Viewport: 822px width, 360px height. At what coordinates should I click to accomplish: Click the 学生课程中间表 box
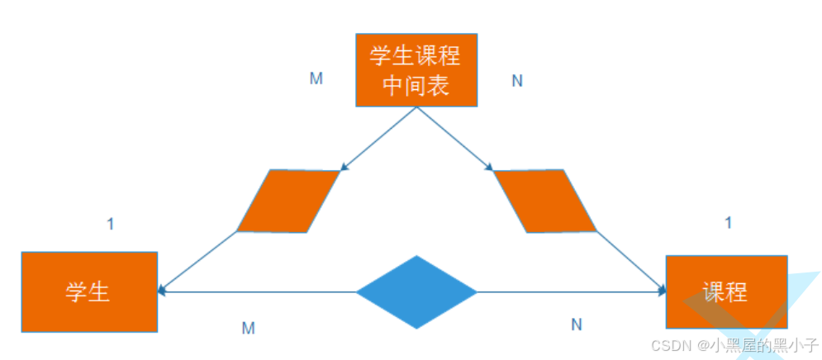[x=416, y=70]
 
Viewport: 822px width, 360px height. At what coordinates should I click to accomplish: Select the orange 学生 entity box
[x=89, y=291]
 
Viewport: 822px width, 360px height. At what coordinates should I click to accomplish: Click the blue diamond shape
[x=416, y=291]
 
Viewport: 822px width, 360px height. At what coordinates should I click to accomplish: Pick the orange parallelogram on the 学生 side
[x=287, y=201]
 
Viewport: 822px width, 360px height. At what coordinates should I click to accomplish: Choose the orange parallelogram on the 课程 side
[x=544, y=201]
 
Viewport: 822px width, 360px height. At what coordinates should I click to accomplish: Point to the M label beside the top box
[x=316, y=78]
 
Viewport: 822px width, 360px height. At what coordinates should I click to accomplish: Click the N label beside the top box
[x=517, y=82]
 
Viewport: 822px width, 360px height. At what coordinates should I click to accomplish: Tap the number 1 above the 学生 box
[x=111, y=223]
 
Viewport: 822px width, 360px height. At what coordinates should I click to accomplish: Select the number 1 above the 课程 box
[x=728, y=222]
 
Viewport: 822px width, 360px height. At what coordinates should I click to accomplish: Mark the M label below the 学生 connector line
[x=248, y=328]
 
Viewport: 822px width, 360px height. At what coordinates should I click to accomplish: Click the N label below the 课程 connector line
[x=576, y=324]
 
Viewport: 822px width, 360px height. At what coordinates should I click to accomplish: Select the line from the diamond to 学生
[x=256, y=291]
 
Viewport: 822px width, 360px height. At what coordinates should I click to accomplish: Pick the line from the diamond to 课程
[x=570, y=291]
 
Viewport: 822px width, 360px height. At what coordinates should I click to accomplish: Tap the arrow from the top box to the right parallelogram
[x=454, y=139]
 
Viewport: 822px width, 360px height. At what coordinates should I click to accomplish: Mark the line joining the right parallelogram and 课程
[x=631, y=262]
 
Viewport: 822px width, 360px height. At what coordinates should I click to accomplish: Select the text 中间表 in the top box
[x=416, y=86]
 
